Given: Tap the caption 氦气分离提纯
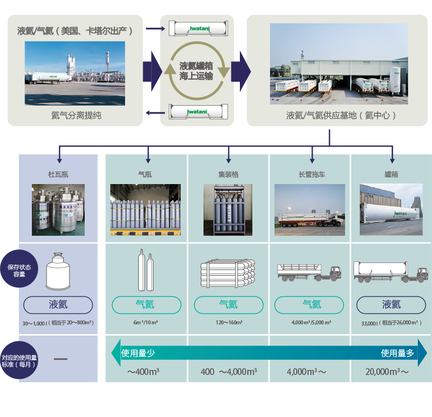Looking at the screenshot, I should pos(76,115).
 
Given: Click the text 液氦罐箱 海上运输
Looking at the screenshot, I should pos(196,70).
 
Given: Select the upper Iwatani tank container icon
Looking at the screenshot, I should pos(197,27).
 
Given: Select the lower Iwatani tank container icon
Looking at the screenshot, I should pos(197,112).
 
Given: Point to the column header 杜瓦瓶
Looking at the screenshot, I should pos(59,174).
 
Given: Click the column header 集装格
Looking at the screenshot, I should pos(228,174).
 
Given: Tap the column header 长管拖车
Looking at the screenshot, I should pos(311,174).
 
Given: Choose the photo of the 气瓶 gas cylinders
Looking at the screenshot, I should pos(145,210).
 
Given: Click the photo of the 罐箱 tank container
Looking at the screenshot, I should pos(391,210).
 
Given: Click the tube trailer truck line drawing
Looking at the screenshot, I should pos(311,272).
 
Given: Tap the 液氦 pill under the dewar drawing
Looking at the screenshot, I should pos(58,305).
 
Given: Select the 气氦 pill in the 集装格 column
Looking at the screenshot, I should pos(228,305).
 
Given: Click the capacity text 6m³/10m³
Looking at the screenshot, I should pos(145,323).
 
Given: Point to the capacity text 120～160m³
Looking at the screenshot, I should pos(228,323).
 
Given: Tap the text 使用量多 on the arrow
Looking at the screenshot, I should pos(397,353).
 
